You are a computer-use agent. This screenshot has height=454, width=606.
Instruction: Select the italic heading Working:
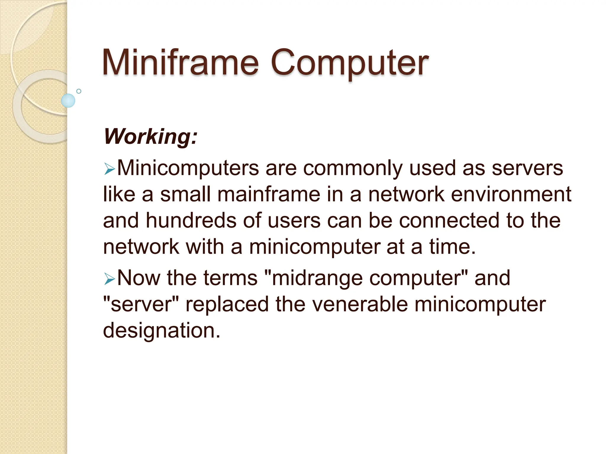150,137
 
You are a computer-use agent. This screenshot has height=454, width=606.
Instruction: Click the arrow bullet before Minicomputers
109,170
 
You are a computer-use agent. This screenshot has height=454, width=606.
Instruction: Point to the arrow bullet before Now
109,279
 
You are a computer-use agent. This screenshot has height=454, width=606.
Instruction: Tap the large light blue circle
68,100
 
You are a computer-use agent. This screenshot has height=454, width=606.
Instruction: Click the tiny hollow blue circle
79,91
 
